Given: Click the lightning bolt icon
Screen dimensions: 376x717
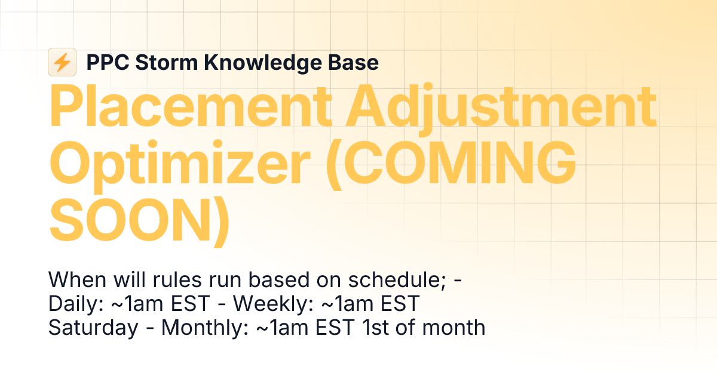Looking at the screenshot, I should point(62,62).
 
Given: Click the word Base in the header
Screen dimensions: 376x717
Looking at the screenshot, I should point(356,63).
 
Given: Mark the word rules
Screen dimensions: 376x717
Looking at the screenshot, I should point(179,280).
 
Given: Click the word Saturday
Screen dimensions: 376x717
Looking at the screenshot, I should point(93,328).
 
